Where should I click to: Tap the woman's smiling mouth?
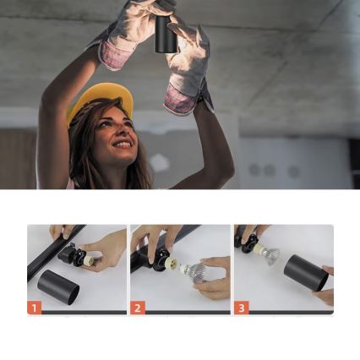(123, 145)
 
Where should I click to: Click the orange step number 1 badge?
(34, 308)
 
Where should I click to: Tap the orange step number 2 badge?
(138, 308)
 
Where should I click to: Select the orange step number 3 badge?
(242, 308)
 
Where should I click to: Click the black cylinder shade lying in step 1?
(58, 286)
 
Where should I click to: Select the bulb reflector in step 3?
(269, 254)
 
